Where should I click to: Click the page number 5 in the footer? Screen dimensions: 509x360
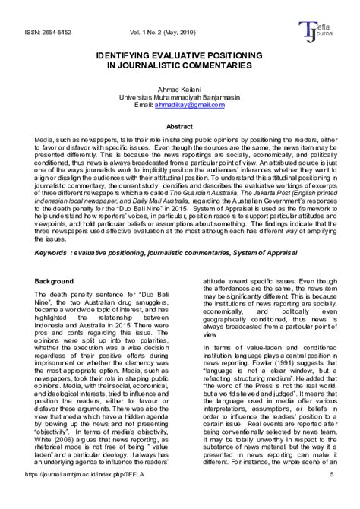pyautogui.click(x=333, y=496)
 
